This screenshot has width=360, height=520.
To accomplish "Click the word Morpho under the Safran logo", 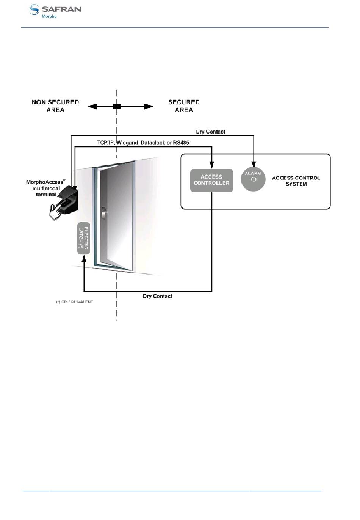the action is click(49, 16).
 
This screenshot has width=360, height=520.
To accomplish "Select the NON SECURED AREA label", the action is click(55, 106).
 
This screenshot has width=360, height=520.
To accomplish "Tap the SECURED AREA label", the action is click(184, 106).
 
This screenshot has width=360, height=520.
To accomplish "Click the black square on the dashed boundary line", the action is click(117, 107).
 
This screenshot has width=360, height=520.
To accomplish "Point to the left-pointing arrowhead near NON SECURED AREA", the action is click(92, 107).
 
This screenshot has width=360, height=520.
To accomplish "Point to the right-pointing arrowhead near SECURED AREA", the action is click(149, 107).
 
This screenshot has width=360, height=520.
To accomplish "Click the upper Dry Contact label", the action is click(210, 132).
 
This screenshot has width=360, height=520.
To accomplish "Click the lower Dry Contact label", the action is click(158, 296).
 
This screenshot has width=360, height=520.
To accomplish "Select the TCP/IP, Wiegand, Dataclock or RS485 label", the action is click(143, 143).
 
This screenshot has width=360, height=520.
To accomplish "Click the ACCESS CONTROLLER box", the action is click(211, 181).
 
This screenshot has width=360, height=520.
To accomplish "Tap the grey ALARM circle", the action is click(253, 179).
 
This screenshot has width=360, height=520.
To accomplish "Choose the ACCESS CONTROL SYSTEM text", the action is click(296, 181).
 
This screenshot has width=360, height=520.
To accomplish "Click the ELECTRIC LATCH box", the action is click(83, 238).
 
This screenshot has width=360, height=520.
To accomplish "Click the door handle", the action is click(104, 213).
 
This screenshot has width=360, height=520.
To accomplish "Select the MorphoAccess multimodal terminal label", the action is click(46, 188).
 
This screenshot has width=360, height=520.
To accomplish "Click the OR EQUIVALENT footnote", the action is click(74, 302).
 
